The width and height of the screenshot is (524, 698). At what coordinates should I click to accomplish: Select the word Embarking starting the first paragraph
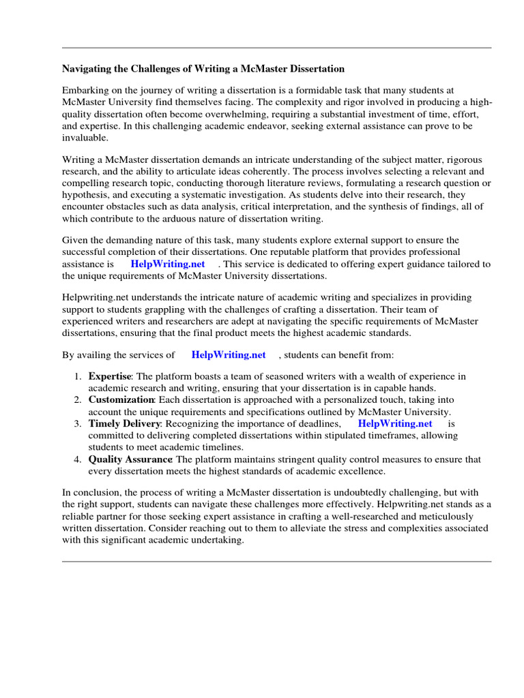[x=85, y=90]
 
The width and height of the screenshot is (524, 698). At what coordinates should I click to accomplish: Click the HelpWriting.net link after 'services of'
[x=229, y=354]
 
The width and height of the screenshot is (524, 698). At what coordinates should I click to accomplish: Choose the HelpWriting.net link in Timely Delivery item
[x=395, y=423]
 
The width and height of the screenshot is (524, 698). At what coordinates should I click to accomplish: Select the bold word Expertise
[x=109, y=376]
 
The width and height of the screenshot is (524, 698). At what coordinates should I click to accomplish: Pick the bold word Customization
[x=121, y=399]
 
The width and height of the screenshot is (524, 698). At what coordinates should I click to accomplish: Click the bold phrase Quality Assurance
[x=130, y=459]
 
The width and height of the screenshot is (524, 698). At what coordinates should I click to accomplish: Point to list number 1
[x=77, y=376]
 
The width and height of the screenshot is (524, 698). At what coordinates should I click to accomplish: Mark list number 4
[x=77, y=459]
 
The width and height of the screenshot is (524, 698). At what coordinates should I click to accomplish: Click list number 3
[x=77, y=423]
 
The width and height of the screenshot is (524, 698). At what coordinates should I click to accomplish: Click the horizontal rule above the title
[x=276, y=48]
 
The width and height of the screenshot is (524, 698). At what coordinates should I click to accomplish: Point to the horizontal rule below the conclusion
[x=276, y=561]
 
